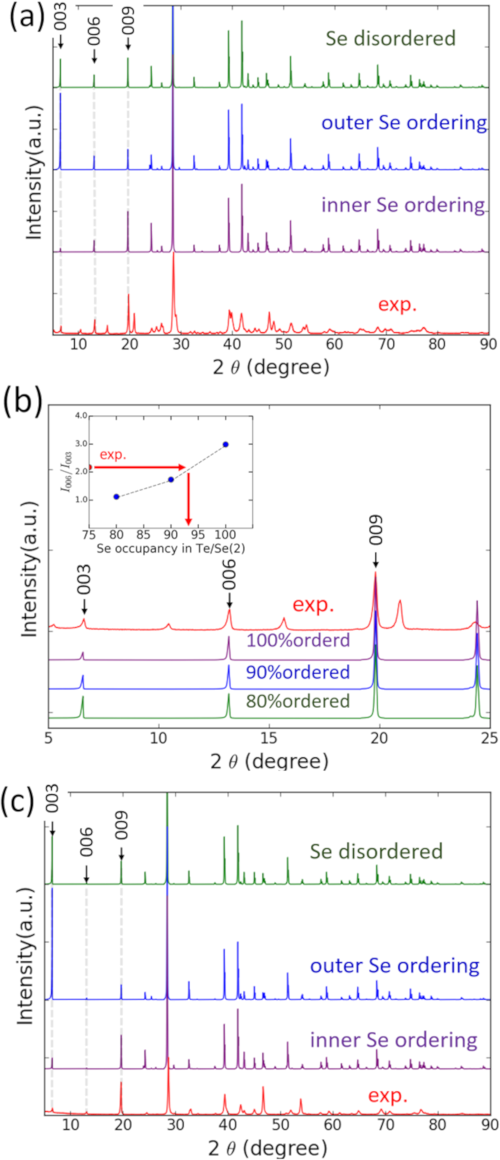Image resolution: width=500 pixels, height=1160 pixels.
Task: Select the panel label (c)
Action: point(22,801)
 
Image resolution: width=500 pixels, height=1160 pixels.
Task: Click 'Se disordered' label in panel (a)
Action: point(391,38)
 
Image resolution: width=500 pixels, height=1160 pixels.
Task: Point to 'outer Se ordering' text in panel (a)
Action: point(405,122)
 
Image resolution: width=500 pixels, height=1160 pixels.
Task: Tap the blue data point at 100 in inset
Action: point(225,444)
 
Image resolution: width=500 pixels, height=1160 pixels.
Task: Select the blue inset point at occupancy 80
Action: point(116,497)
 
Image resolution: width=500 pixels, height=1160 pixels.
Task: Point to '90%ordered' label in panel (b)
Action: point(297,672)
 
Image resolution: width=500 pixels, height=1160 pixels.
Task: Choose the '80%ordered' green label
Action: point(297,701)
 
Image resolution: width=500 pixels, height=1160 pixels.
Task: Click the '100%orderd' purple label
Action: point(298,640)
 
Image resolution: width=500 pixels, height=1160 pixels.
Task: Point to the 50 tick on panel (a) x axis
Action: point(283,344)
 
